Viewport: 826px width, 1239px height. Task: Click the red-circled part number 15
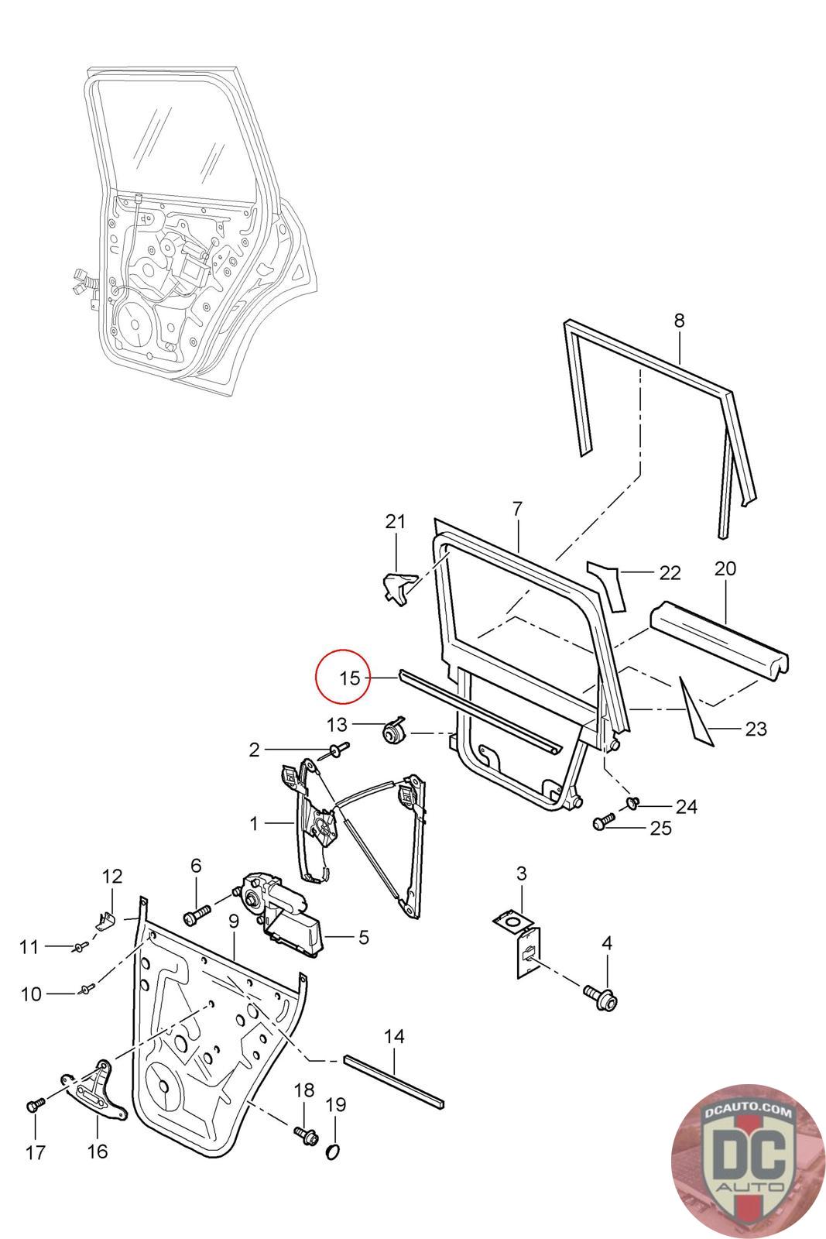click(x=350, y=678)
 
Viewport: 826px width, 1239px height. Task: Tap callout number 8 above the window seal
click(x=679, y=321)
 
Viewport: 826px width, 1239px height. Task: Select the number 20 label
click(x=725, y=568)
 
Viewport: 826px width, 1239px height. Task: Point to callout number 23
click(x=756, y=729)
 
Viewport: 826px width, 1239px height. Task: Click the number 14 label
click(x=394, y=1036)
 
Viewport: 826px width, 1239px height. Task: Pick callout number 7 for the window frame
click(x=517, y=510)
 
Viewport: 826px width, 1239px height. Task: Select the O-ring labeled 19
click(x=333, y=1151)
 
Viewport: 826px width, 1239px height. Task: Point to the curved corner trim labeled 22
click(x=608, y=583)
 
